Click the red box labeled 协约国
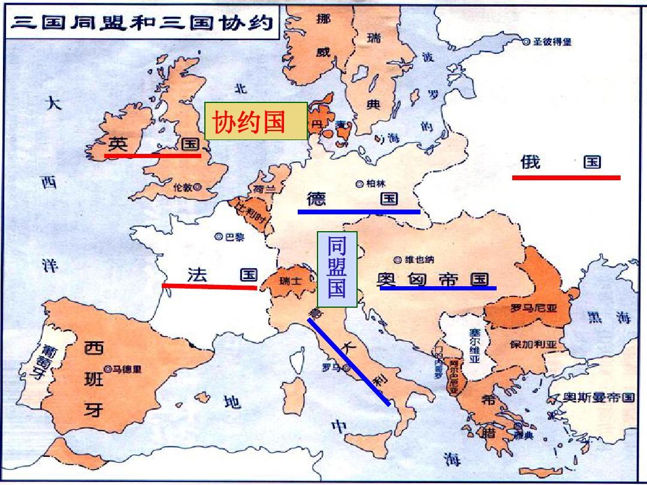(256, 122)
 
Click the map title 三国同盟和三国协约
(143, 23)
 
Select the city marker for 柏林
(359, 184)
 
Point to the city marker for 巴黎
(219, 237)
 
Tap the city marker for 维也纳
(397, 260)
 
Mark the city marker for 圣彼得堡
(527, 41)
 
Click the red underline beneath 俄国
(566, 177)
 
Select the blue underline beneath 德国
(359, 211)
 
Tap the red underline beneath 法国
(209, 287)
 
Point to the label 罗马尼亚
(533, 309)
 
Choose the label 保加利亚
(533, 345)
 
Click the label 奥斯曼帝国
(598, 398)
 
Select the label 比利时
(250, 212)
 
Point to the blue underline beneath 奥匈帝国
(438, 288)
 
